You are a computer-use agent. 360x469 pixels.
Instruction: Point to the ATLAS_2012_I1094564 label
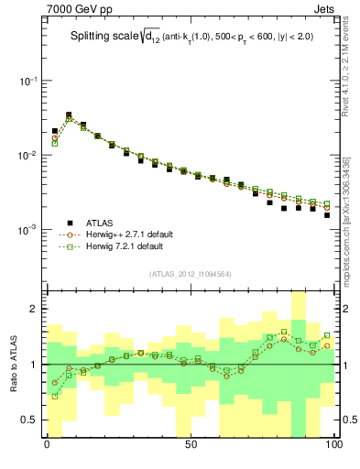190,273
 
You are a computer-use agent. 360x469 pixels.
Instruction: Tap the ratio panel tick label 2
35,309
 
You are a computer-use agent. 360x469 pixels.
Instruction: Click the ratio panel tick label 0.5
31,420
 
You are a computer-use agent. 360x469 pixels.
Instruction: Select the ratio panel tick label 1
35,365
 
